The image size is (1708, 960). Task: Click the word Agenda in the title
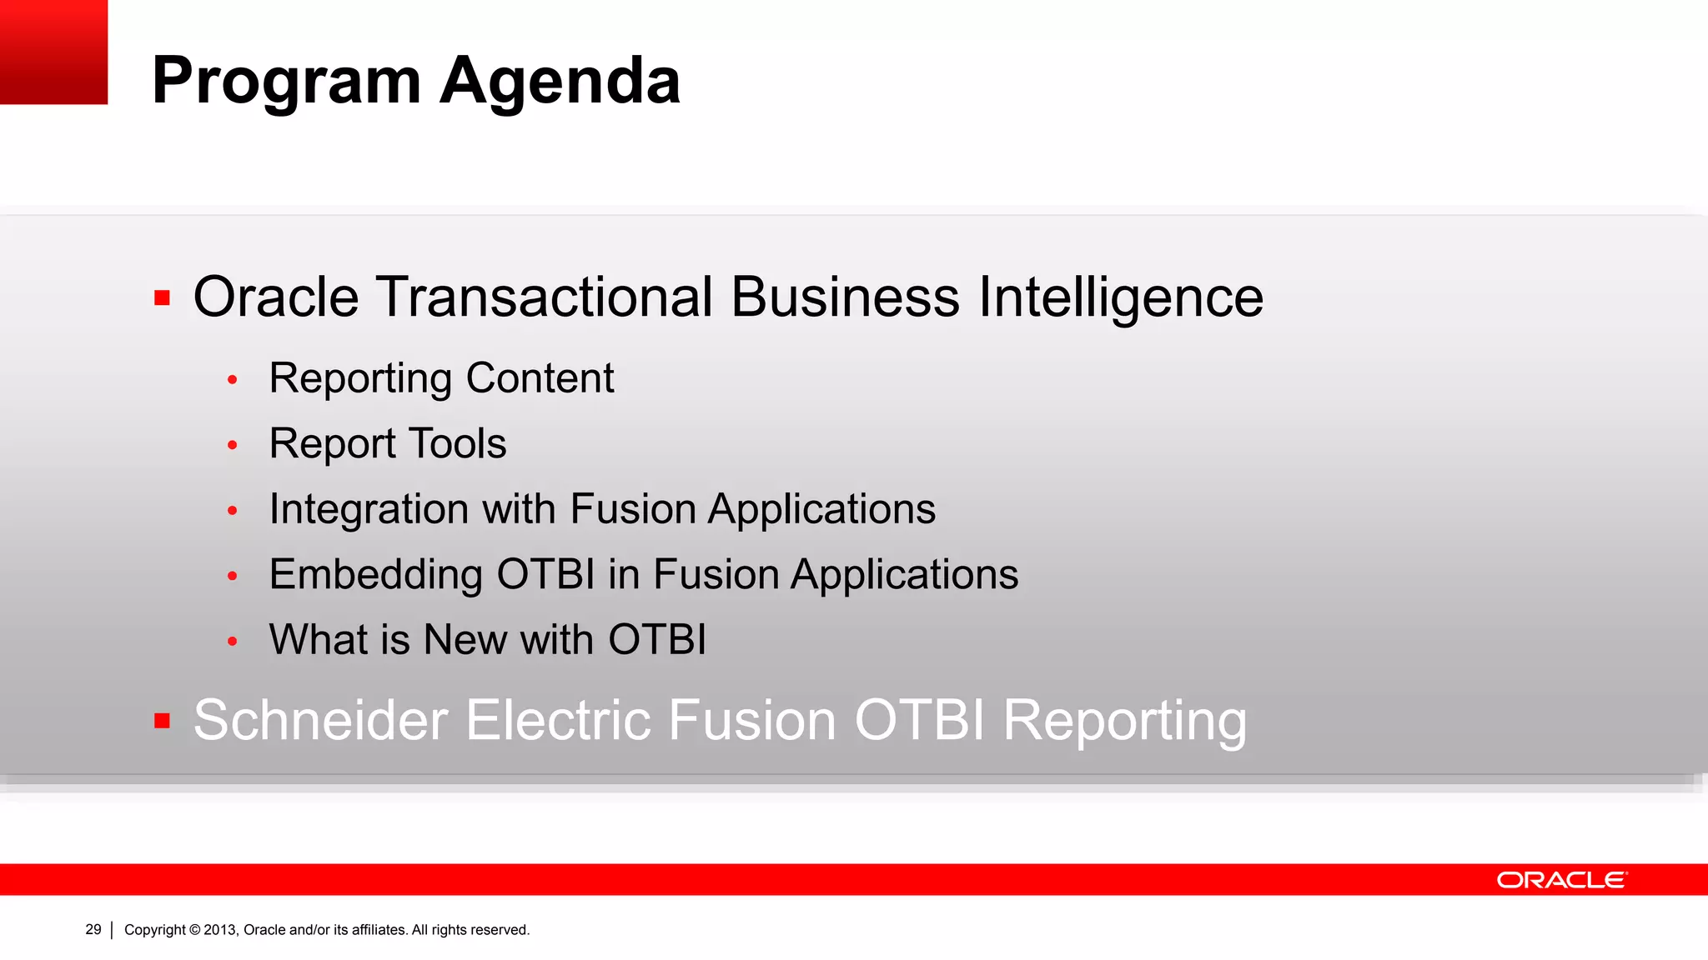(560, 82)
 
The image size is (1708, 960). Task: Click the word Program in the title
(286, 82)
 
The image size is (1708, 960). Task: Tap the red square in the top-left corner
(53, 52)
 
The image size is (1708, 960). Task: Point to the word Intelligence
(1120, 298)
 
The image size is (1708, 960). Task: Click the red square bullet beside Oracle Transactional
(163, 297)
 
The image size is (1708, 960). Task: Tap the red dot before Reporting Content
(233, 380)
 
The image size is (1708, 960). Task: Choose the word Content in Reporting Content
(540, 378)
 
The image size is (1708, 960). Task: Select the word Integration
(368, 509)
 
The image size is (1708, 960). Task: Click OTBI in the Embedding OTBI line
(545, 574)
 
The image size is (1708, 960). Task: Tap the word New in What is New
(465, 640)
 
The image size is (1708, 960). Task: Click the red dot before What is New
(233, 641)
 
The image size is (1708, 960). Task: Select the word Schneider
(320, 720)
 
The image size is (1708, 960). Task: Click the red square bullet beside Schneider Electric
(163, 720)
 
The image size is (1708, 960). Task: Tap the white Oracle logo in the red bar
(1561, 880)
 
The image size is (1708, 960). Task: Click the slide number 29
(93, 929)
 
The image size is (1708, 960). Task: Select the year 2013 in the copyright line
(220, 930)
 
